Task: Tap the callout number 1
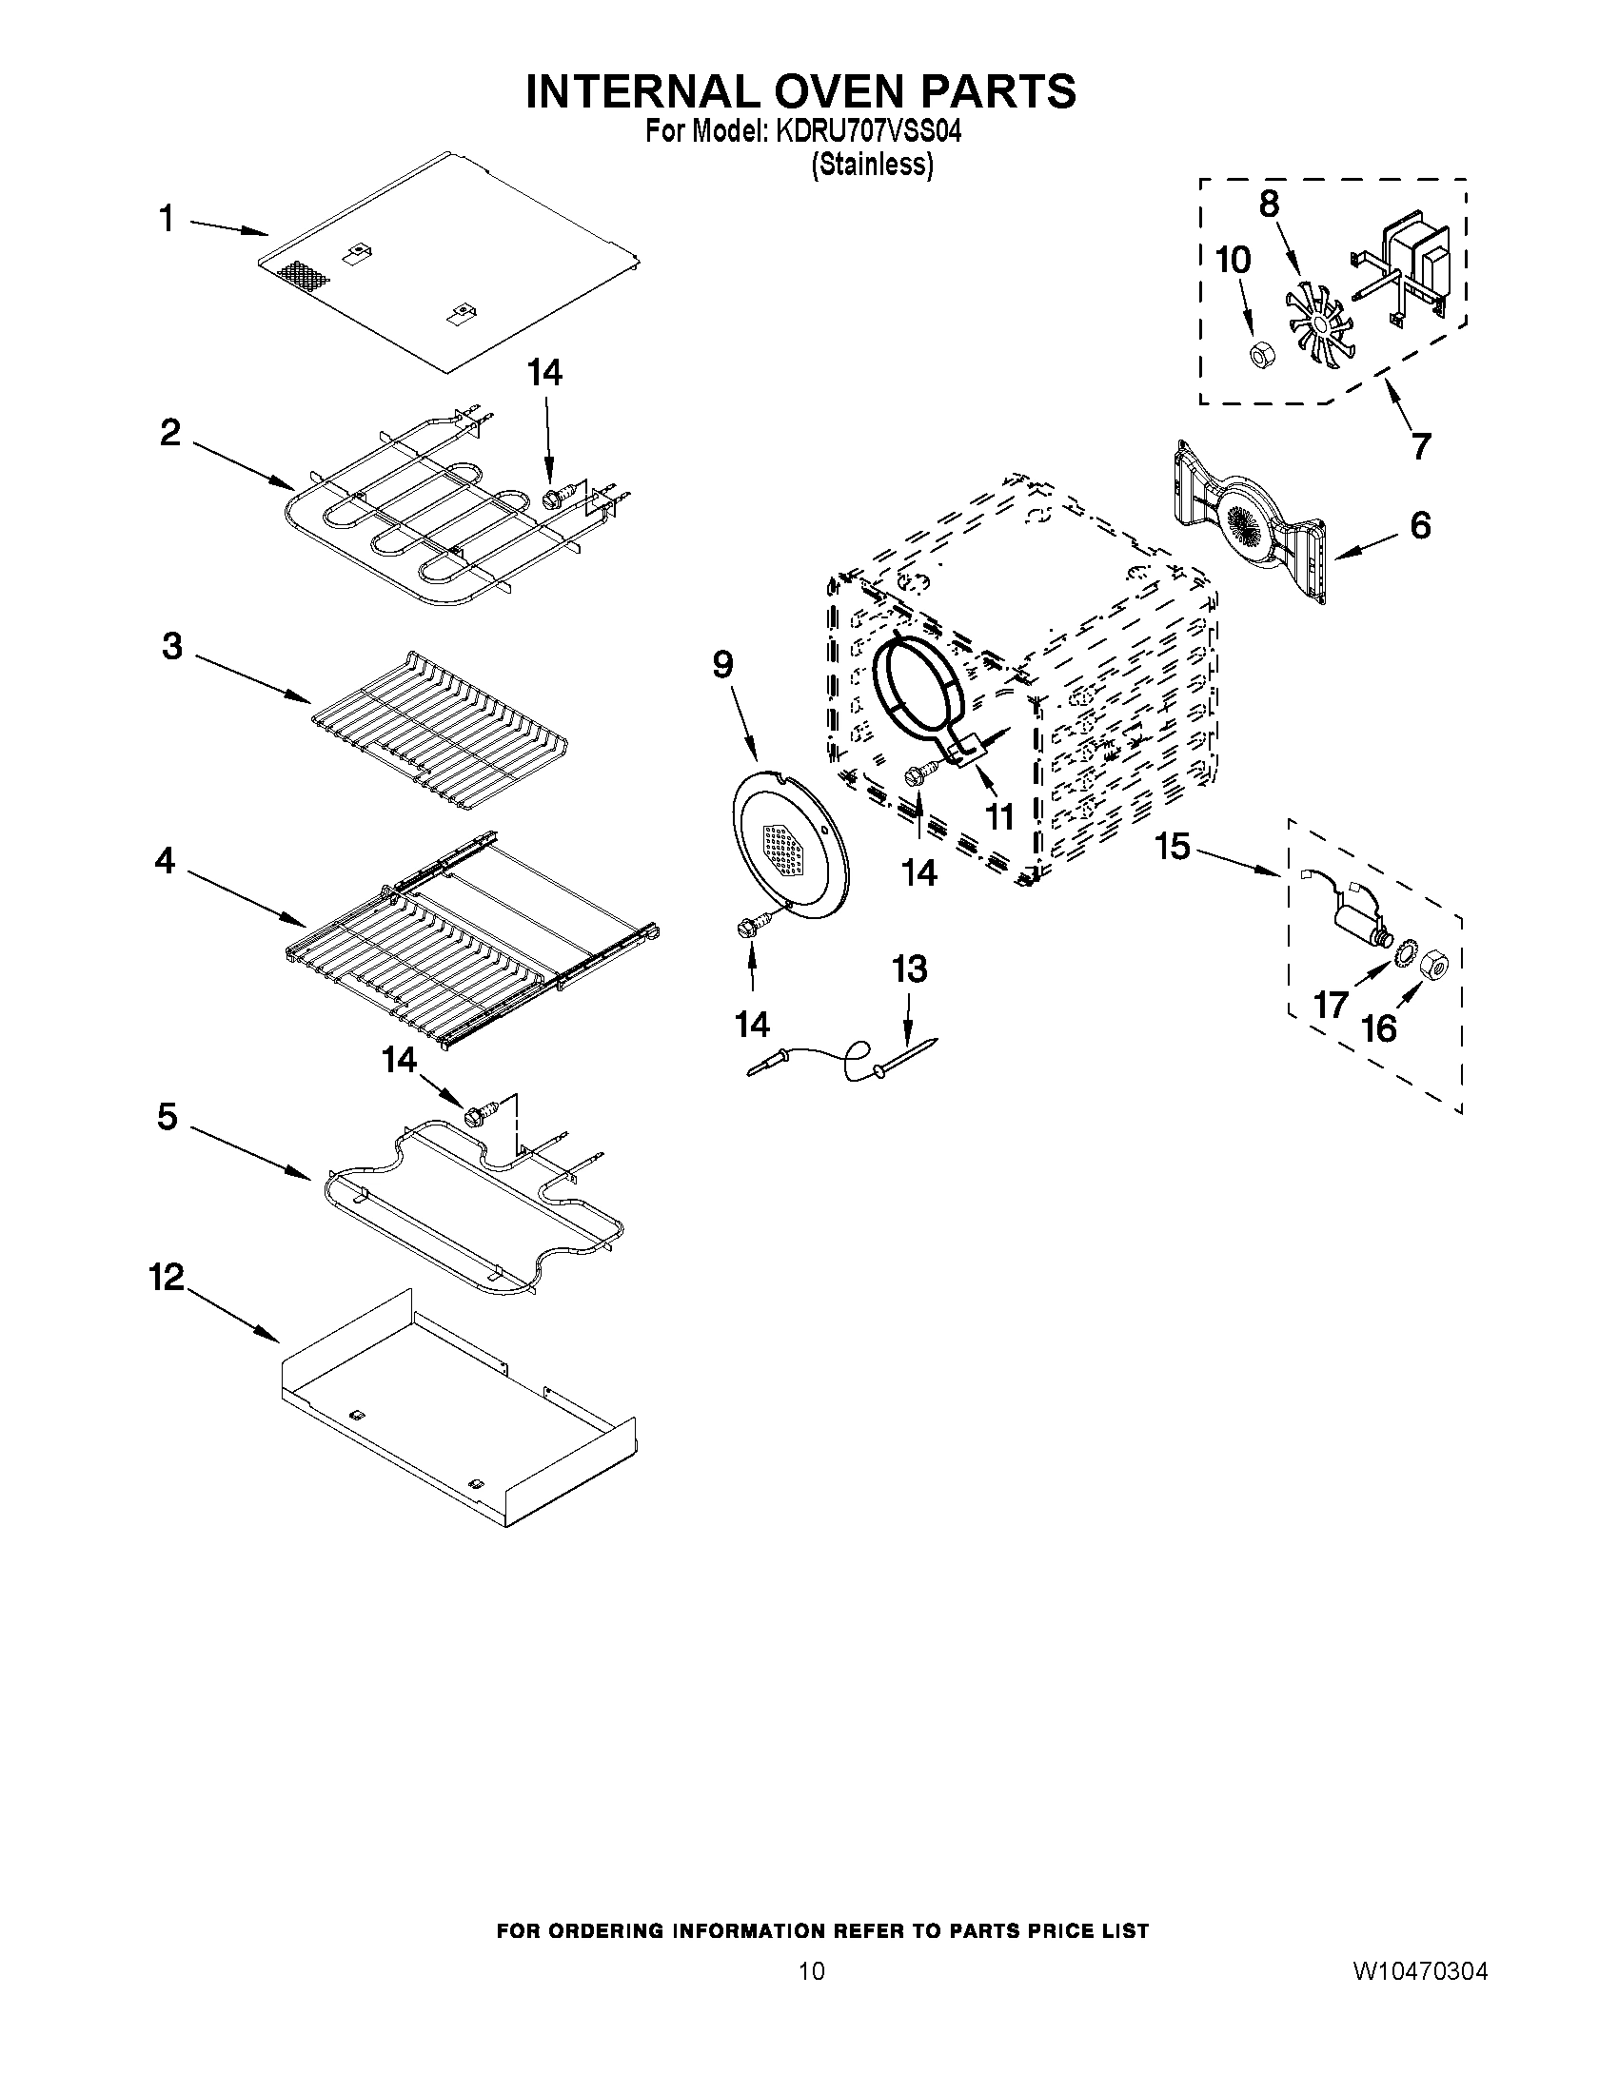coord(167,220)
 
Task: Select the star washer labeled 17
coord(1405,950)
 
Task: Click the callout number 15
coord(1172,847)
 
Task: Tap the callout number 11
coord(999,817)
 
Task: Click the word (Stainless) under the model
coord(871,165)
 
